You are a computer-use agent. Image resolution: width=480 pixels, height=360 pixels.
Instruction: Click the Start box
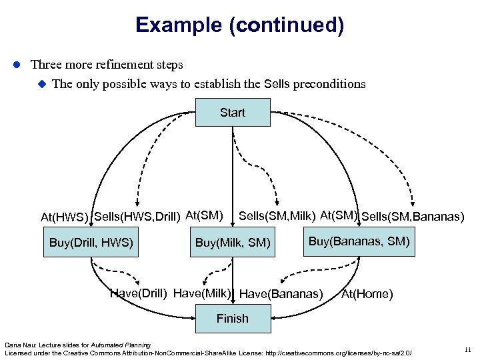(232, 113)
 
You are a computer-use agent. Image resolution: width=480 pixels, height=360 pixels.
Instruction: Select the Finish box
(232, 319)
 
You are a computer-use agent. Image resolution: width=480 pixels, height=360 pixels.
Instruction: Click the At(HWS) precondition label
(65, 217)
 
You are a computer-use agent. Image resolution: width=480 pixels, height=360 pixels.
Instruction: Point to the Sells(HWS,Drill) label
(137, 215)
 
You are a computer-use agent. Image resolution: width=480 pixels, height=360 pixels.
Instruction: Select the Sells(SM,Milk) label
(277, 215)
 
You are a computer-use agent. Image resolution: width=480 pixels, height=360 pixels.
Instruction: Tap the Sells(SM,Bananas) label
(413, 216)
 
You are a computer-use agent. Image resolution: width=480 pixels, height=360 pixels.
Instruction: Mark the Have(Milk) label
(202, 293)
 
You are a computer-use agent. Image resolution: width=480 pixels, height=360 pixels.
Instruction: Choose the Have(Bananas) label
(281, 294)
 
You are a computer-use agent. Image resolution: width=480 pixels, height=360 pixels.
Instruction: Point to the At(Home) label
(367, 294)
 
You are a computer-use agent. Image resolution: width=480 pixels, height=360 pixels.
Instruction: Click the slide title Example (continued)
(239, 25)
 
